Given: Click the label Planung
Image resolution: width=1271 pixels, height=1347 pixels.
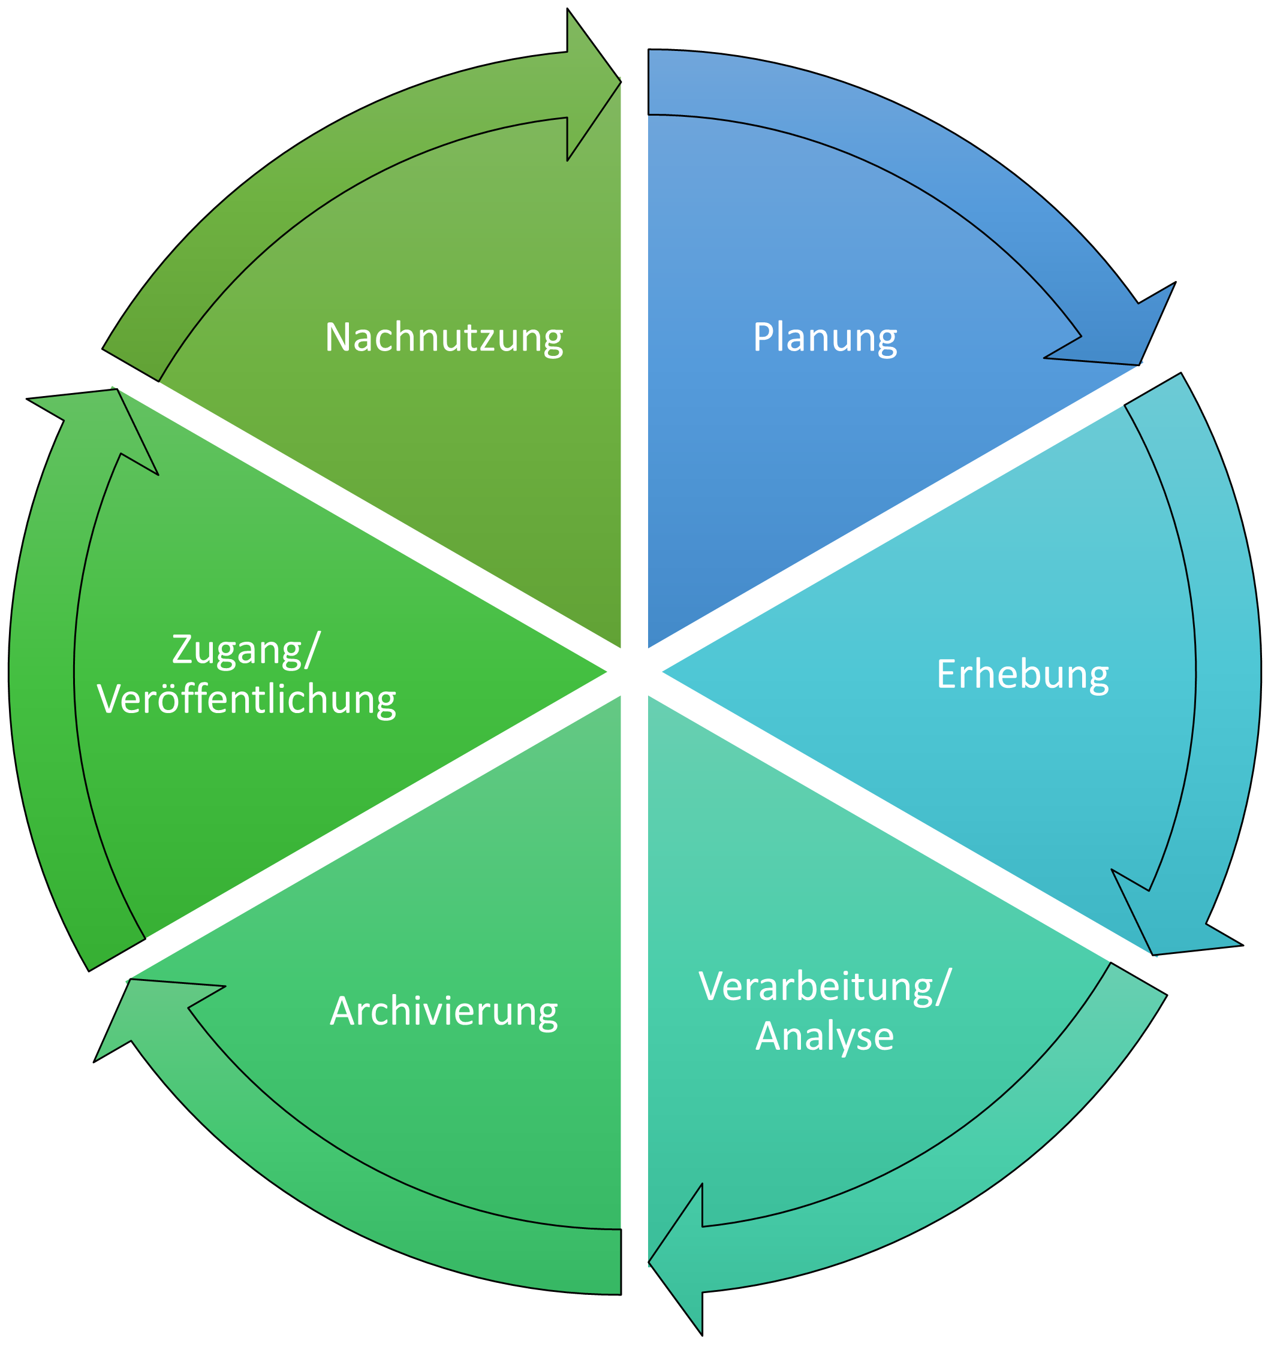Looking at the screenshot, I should [824, 337].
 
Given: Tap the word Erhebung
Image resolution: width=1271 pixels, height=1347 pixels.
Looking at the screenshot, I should [1022, 674].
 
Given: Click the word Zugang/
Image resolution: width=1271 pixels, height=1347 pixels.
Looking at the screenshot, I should [245, 649].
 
